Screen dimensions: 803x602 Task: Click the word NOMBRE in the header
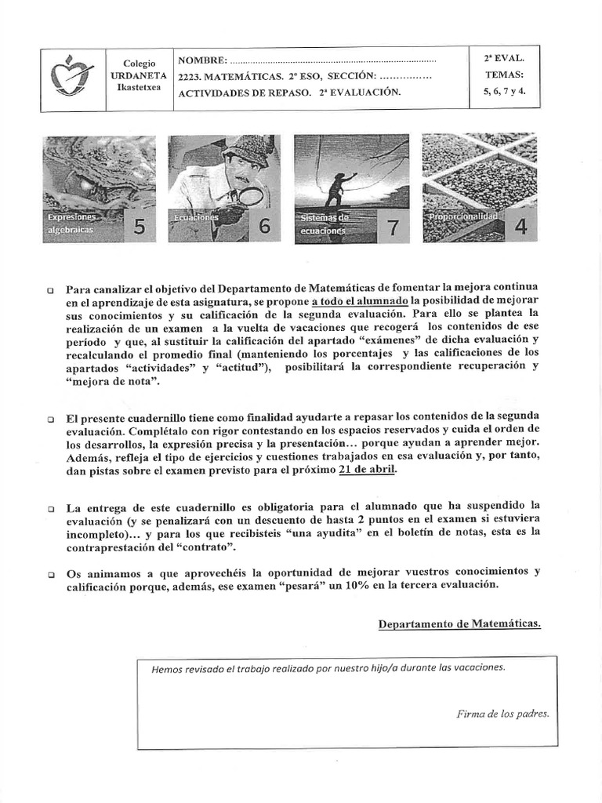tap(202, 60)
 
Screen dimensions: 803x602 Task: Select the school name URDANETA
tap(140, 75)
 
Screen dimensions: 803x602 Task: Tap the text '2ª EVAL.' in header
tap(505, 58)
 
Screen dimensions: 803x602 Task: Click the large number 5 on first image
tap(140, 227)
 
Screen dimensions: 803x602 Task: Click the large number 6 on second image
tap(264, 226)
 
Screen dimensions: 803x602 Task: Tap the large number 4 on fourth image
tap(520, 226)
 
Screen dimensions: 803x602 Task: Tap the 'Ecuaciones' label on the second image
tap(196, 219)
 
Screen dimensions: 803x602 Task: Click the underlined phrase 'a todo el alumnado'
tap(360, 300)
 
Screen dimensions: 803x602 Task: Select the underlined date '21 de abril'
tap(367, 469)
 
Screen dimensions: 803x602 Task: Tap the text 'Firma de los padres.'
tap(502, 714)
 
